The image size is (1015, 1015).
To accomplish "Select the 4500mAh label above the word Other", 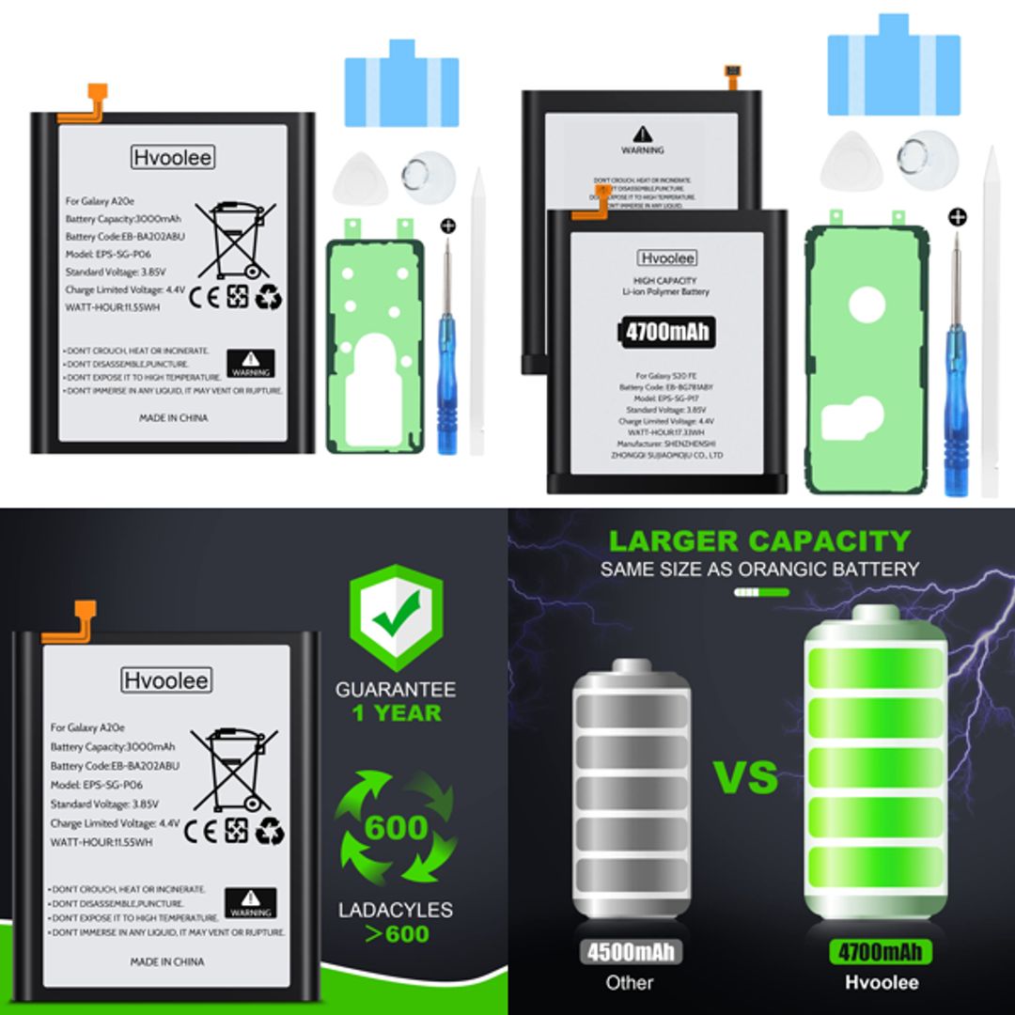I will pos(629,951).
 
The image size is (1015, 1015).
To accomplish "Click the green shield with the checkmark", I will pos(396,617).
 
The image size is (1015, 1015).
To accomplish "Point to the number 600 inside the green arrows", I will pos(396,828).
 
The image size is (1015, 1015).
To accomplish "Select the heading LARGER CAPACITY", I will pos(759,541).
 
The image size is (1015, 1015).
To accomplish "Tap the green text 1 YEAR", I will pos(396,713).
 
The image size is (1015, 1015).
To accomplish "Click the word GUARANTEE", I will pos(396,689).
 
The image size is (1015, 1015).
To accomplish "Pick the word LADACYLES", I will pos(396,910).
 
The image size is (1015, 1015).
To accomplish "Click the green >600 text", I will pos(396,934).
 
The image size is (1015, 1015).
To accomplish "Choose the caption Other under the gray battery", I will pos(629,983).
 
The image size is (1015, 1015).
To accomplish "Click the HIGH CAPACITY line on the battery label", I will pos(664,280).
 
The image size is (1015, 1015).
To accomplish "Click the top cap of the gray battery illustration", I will pos(631,668).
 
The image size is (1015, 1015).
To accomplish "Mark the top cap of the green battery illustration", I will pos(875,615).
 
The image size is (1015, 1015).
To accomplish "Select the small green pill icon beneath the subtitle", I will pos(760,593).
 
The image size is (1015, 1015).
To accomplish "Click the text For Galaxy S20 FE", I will pos(664,375).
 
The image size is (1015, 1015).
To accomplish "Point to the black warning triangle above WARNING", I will pos(642,134).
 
